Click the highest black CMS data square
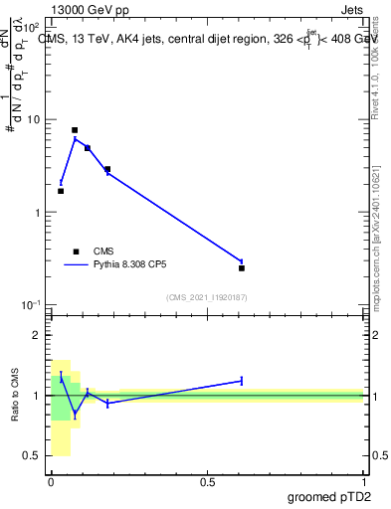click(75, 130)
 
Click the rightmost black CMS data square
click(242, 267)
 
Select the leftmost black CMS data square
click(61, 191)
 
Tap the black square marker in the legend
click(76, 252)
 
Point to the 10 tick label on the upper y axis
click(33, 119)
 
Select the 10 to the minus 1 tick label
click(31, 304)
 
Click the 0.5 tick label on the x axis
click(208, 482)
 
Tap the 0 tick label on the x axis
click(51, 482)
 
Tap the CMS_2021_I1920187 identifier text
click(207, 297)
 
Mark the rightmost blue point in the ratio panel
click(242, 381)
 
